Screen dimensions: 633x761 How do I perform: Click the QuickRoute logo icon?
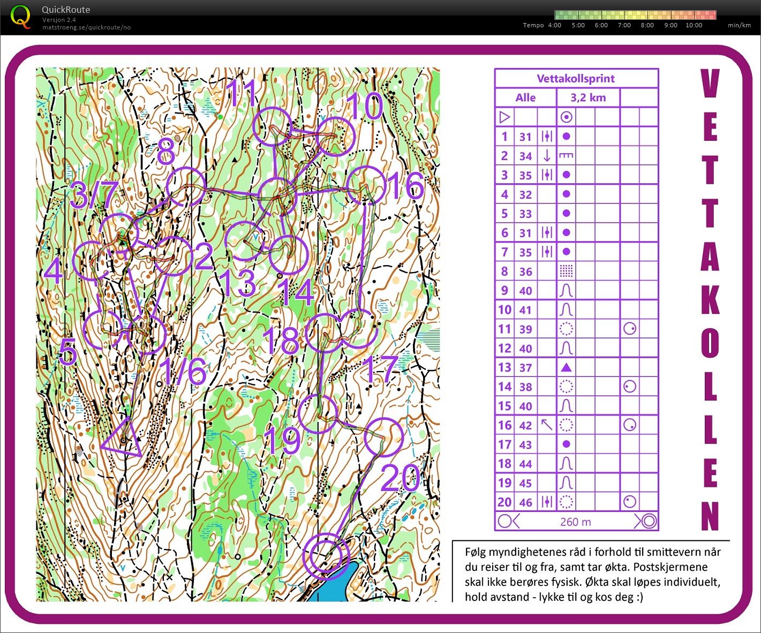click(20, 17)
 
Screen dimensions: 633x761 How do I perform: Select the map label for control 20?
click(401, 478)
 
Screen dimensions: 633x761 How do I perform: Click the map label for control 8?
click(165, 153)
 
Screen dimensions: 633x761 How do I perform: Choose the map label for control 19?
click(283, 440)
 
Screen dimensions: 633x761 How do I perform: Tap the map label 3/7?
click(94, 195)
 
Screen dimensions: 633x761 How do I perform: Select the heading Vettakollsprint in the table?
click(576, 79)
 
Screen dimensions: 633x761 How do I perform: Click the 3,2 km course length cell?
click(588, 97)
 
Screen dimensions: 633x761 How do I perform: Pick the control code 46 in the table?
click(525, 502)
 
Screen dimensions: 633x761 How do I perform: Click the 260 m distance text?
click(576, 522)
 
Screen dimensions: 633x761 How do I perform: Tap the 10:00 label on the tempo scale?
click(694, 25)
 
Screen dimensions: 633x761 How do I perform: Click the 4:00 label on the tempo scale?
click(554, 25)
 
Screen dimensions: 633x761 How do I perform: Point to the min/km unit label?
click(739, 25)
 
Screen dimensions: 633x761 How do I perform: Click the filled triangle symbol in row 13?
click(566, 367)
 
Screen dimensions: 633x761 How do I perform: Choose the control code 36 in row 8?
click(525, 272)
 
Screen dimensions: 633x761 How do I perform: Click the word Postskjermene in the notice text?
click(674, 567)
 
